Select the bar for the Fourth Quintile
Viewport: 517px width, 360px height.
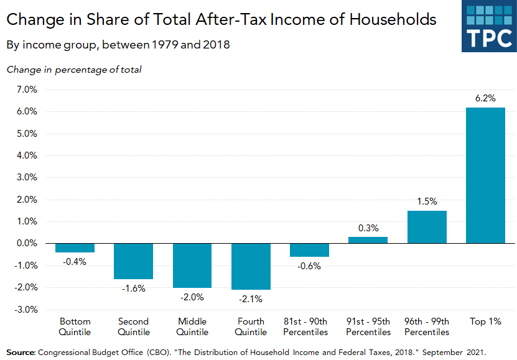click(x=251, y=266)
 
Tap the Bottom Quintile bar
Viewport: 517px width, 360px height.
click(x=75, y=247)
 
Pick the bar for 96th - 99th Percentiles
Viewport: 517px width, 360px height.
click(x=427, y=227)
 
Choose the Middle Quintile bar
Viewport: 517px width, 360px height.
click(x=192, y=265)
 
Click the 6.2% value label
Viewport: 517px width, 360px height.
click(x=485, y=98)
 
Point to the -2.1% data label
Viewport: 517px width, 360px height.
click(x=251, y=299)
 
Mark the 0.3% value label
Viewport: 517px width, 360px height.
click(x=368, y=228)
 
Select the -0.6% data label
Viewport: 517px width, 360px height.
click(x=309, y=266)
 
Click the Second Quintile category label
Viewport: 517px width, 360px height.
click(x=134, y=326)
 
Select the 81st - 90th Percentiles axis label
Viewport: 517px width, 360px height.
click(x=309, y=326)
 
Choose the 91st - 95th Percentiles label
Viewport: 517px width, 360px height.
click(x=368, y=326)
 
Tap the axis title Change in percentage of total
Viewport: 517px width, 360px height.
click(x=74, y=69)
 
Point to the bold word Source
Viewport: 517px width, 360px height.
click(x=21, y=351)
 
